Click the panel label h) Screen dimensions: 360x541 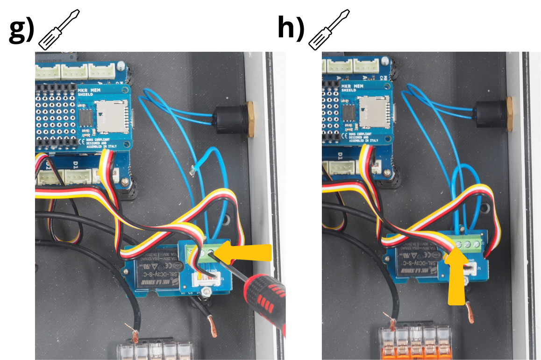(x=290, y=29)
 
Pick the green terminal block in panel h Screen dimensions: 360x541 (x=465, y=244)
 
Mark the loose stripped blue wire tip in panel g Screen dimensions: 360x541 (x=193, y=169)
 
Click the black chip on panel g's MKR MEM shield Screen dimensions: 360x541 (x=85, y=116)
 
